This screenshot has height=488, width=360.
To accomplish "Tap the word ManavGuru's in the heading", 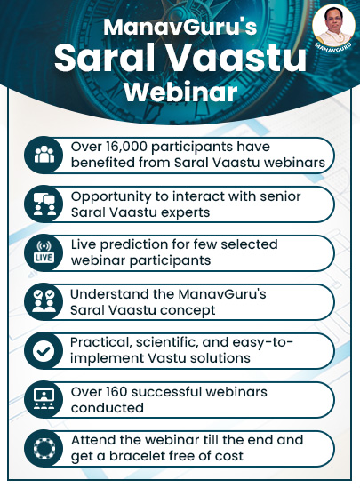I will coord(180,28).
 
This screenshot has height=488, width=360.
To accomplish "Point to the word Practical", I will coord(100,342).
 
